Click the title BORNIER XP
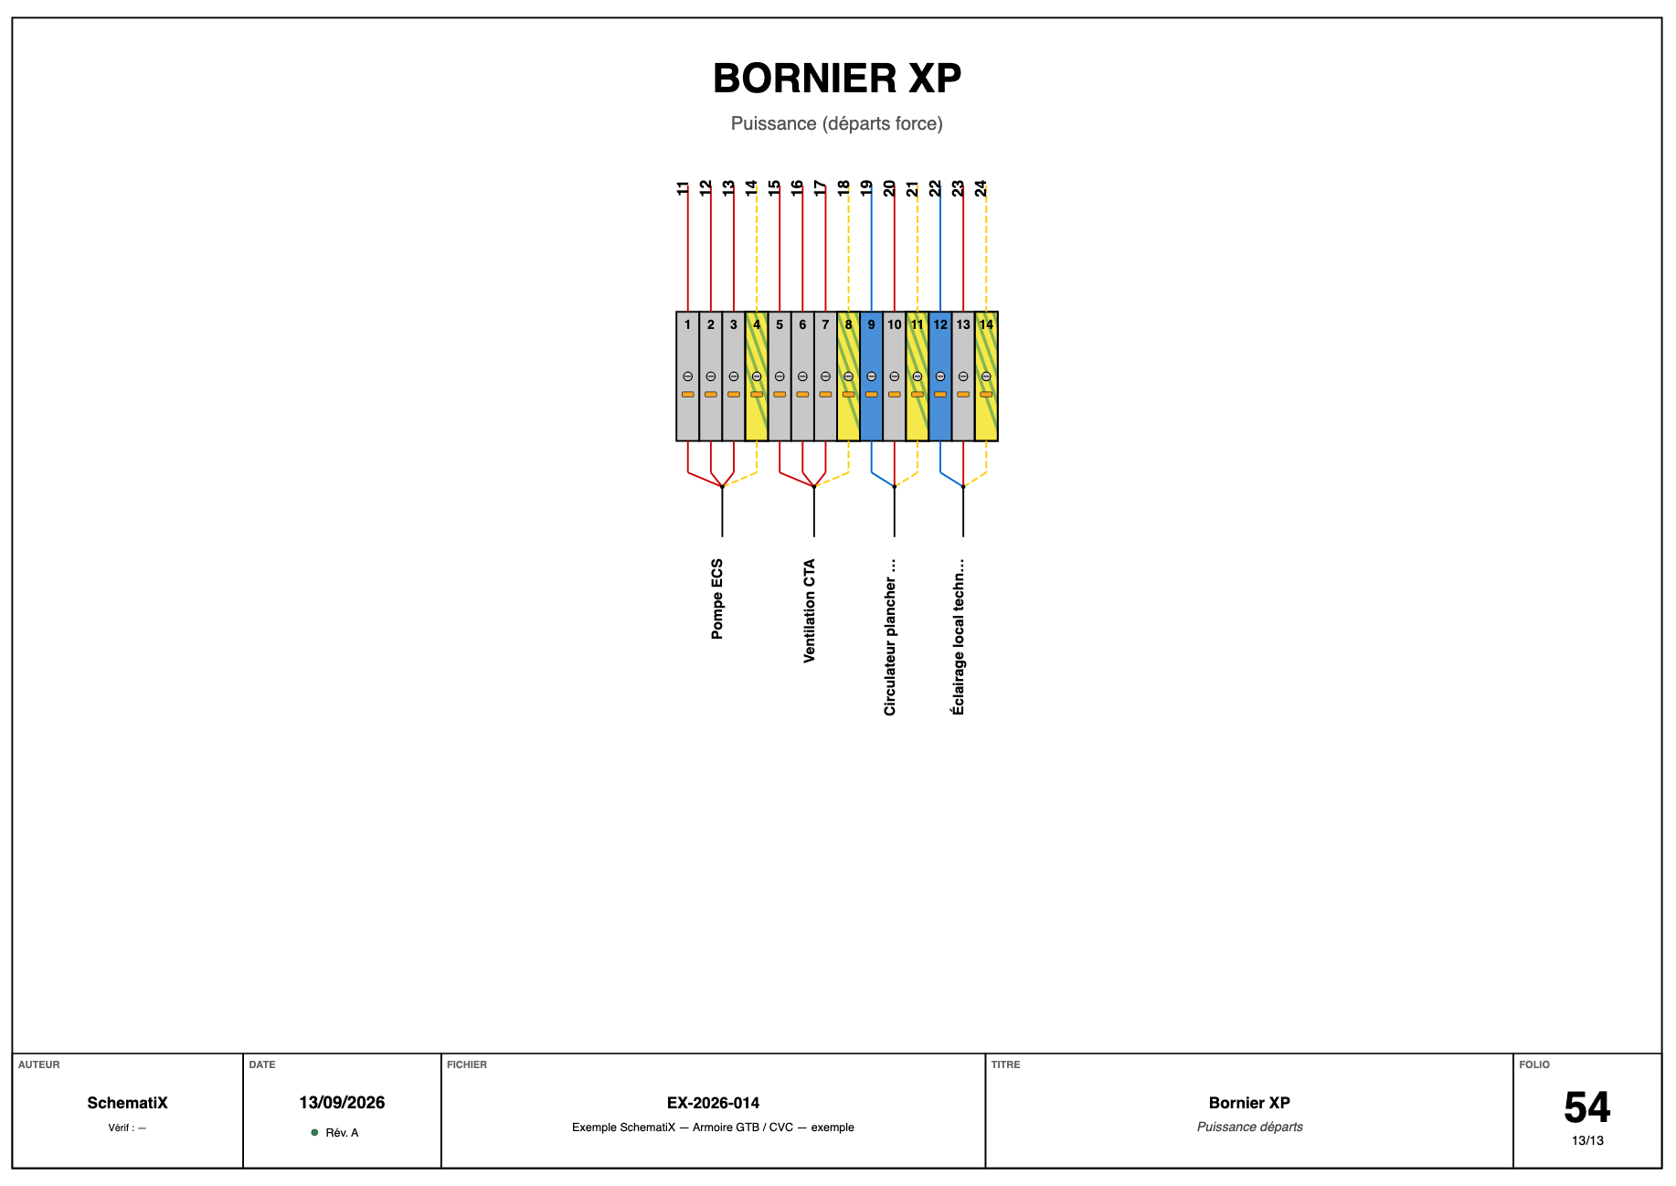click(x=837, y=79)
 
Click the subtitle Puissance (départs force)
click(x=837, y=123)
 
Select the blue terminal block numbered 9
click(x=872, y=376)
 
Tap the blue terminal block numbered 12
click(x=940, y=376)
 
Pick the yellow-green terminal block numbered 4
click(x=757, y=376)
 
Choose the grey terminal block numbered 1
click(x=688, y=376)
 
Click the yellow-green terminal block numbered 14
click(x=986, y=376)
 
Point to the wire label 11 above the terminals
click(x=683, y=188)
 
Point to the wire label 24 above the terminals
click(x=981, y=188)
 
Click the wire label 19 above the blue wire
click(x=866, y=188)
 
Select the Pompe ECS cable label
click(x=717, y=598)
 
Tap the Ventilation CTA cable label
click(x=809, y=610)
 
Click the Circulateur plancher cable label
click(x=890, y=637)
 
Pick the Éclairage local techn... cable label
click(x=959, y=637)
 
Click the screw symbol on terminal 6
click(x=802, y=376)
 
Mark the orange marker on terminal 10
click(x=895, y=395)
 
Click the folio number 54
click(x=1587, y=1107)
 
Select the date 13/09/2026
click(x=342, y=1103)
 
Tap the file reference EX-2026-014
click(x=713, y=1103)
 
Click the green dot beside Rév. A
click(x=314, y=1133)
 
